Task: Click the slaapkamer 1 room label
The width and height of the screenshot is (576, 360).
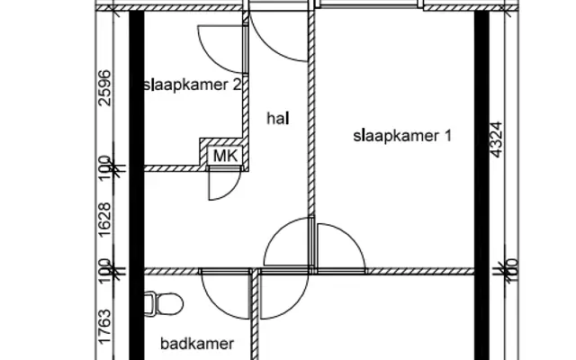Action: point(402,136)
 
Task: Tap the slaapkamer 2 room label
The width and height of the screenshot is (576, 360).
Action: point(193,85)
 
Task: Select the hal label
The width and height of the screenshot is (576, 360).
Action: point(278,118)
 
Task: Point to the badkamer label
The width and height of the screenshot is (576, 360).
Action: point(197,344)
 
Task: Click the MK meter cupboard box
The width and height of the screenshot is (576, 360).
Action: point(225,156)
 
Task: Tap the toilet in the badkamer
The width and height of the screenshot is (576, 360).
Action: point(164,304)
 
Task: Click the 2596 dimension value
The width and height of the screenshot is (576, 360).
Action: point(104,88)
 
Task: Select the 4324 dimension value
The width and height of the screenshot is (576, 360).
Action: point(496,139)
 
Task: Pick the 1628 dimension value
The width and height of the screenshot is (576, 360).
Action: point(104,220)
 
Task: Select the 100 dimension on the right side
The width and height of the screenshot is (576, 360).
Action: point(512,271)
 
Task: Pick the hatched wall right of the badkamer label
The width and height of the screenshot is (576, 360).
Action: point(255,317)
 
